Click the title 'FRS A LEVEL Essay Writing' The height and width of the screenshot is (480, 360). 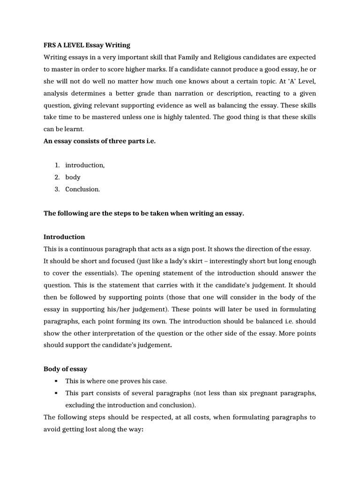[87, 45]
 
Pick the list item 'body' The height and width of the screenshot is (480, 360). [73, 177]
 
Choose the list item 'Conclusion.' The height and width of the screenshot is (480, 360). [82, 189]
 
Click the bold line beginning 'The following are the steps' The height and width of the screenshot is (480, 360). [144, 213]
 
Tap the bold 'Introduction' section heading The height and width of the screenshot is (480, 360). [64, 237]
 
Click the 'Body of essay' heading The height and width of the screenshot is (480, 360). [65, 369]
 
